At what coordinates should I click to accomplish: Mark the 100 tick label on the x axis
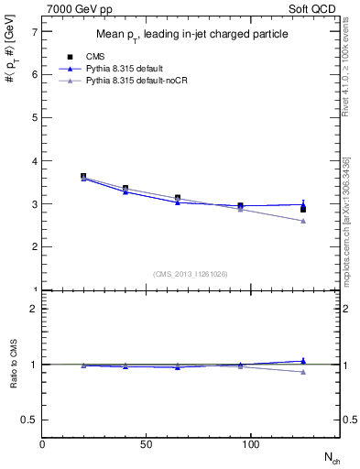[251, 444]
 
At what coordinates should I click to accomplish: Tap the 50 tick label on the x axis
[147, 444]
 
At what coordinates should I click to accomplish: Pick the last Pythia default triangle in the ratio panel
[303, 361]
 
